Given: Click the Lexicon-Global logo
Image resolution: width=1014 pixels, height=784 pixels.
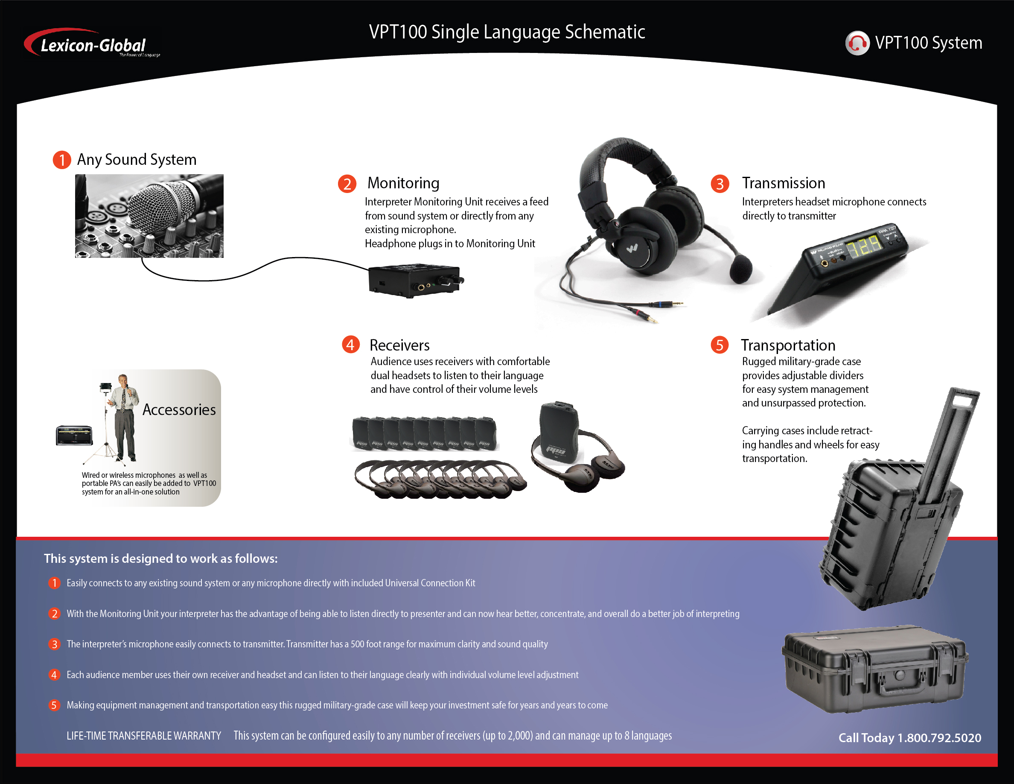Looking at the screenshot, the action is click(92, 43).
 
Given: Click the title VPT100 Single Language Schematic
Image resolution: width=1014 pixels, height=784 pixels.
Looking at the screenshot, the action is click(507, 32).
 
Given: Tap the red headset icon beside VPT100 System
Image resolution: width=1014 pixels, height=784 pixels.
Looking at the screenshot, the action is click(857, 43).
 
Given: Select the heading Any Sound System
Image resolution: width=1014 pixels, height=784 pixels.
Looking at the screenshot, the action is click(137, 159).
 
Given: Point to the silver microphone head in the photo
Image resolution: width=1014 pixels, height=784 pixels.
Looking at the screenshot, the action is click(160, 207).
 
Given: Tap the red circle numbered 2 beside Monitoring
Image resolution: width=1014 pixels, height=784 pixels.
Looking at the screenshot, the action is click(347, 184).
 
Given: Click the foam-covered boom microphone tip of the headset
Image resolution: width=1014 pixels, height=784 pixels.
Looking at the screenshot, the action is click(740, 269).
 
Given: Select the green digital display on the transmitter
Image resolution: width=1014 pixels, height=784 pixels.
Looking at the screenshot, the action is click(865, 246).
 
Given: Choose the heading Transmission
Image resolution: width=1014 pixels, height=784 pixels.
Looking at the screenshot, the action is click(783, 183).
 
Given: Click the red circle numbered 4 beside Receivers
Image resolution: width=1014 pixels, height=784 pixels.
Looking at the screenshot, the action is click(350, 344).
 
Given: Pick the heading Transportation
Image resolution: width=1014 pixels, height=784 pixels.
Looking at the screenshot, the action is click(788, 345).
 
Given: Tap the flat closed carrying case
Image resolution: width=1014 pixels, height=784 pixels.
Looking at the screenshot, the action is click(875, 669).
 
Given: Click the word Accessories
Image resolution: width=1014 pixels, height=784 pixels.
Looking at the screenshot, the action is click(179, 410).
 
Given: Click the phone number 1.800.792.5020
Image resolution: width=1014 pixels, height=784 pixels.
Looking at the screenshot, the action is click(939, 737).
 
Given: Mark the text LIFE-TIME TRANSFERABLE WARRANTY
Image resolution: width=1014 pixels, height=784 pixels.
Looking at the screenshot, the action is click(143, 736).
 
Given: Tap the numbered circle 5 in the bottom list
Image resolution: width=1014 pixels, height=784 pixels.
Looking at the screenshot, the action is click(54, 705).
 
